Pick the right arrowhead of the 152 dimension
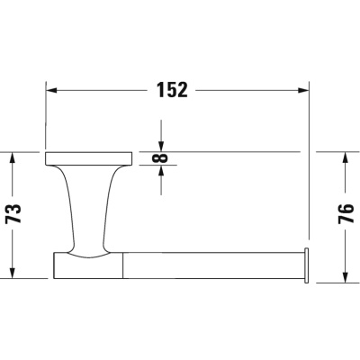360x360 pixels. [x=303, y=90]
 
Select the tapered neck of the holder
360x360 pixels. [x=88, y=207]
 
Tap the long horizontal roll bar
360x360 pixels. [x=211, y=265]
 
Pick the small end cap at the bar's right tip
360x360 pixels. [x=308, y=264]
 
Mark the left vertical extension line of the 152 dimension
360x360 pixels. [x=46, y=117]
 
